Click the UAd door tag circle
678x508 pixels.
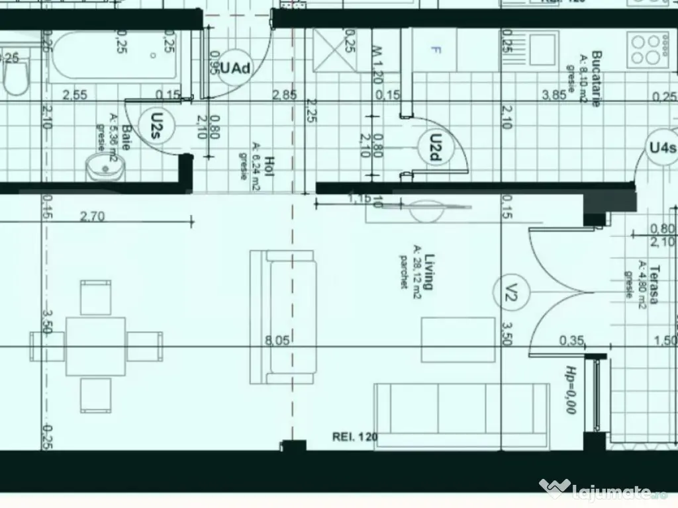(x=234, y=68)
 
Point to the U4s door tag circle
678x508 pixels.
(x=662, y=147)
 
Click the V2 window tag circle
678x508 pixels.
(x=510, y=291)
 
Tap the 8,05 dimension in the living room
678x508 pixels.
(x=277, y=341)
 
